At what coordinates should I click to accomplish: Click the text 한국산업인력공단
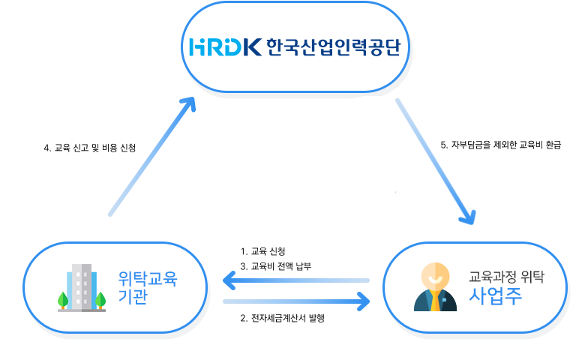pyautogui.click(x=333, y=47)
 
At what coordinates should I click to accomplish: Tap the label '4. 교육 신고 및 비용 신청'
pyautogui.click(x=90, y=148)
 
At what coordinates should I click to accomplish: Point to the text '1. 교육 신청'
pyautogui.click(x=262, y=250)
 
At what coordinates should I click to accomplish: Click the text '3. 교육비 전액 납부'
pyautogui.click(x=275, y=265)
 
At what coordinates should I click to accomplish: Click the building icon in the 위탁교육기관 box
pyautogui.click(x=81, y=286)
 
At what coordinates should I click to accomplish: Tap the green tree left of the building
pyautogui.click(x=62, y=300)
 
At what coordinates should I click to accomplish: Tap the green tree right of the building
pyautogui.click(x=100, y=300)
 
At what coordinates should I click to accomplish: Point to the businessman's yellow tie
pyautogui.click(x=435, y=301)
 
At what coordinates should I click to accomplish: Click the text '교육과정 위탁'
pyautogui.click(x=505, y=275)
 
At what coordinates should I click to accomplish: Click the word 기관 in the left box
pyautogui.click(x=133, y=296)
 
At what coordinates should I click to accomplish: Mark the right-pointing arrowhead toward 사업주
pyautogui.click(x=363, y=301)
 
